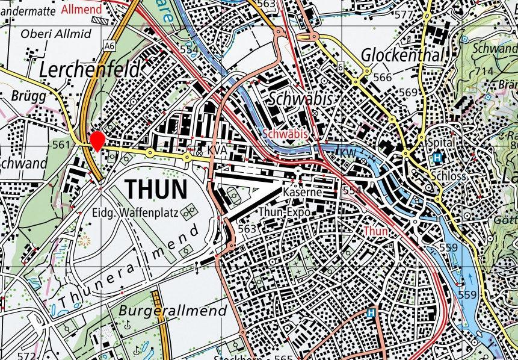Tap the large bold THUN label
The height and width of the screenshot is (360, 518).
156,190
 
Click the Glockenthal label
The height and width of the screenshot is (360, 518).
402,56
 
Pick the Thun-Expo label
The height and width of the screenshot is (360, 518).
285,213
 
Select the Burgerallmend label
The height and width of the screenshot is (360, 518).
173,311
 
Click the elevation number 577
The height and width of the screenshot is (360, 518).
421,14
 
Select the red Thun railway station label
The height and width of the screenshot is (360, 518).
376,231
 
